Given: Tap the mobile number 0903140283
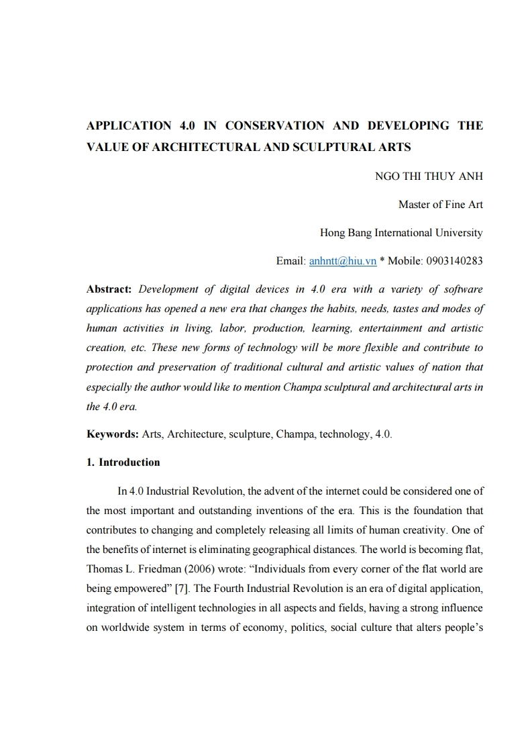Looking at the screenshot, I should coord(449,260).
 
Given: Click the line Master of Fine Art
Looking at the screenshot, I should coord(440,205).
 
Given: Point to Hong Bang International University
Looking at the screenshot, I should coord(401,233).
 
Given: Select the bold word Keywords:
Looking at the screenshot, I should coord(113,434).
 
